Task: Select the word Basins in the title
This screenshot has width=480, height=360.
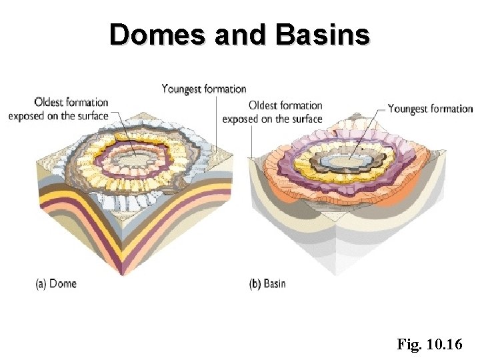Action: point(321,34)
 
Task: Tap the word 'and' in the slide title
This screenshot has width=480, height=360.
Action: point(240,34)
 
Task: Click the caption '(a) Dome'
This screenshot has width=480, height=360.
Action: point(56,284)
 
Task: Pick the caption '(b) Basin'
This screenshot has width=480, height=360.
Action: point(267,284)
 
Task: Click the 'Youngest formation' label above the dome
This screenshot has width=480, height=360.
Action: point(204,89)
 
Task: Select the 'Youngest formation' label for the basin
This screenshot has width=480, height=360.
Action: point(430,108)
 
